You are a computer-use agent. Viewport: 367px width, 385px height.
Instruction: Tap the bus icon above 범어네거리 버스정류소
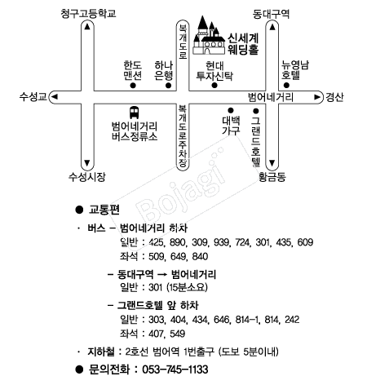click(x=134, y=113)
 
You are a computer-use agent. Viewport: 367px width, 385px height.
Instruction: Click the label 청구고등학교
click(x=88, y=13)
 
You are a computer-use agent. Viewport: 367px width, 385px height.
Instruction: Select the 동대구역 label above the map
click(x=271, y=14)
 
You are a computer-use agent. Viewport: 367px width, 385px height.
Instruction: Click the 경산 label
click(x=334, y=97)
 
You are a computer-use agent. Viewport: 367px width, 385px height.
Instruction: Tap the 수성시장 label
click(x=86, y=177)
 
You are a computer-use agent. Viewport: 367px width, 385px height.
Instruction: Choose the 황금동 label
click(x=272, y=177)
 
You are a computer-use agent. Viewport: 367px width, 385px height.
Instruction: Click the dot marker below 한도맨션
click(x=133, y=86)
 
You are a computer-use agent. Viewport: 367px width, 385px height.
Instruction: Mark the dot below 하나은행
click(x=168, y=86)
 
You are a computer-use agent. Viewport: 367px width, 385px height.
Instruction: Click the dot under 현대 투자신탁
click(x=214, y=86)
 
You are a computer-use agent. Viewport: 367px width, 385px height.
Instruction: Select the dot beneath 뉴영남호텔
click(x=286, y=86)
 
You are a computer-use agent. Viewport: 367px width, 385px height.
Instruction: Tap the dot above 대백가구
click(x=231, y=110)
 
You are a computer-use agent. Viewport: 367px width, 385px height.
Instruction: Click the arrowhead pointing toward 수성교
click(x=55, y=97)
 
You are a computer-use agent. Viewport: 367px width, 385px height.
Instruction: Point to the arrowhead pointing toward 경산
click(x=317, y=97)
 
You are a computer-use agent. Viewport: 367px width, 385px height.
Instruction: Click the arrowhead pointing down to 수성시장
click(x=87, y=163)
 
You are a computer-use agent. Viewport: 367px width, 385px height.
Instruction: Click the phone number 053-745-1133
click(x=175, y=370)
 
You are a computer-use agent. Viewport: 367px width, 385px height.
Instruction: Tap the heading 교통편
click(x=104, y=210)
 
